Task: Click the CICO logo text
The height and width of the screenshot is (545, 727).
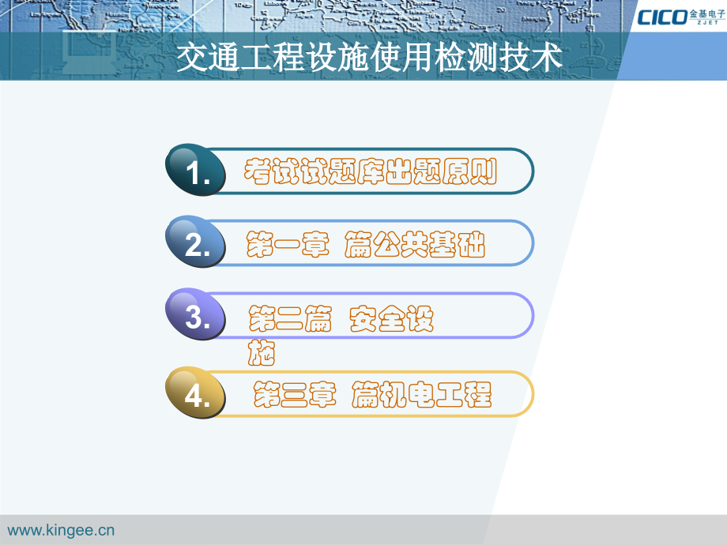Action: pos(662,17)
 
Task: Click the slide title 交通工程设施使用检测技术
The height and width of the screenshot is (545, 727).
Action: pos(368,58)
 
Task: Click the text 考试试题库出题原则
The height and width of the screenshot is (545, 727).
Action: pos(370,171)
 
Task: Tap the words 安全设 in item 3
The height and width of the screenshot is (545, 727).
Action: pos(391,319)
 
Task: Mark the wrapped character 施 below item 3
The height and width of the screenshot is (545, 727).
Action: pos(262,353)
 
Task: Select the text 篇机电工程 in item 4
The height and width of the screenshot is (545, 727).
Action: pos(422,393)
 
